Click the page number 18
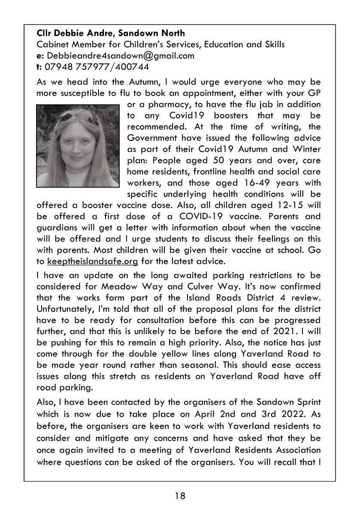(180, 496)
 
